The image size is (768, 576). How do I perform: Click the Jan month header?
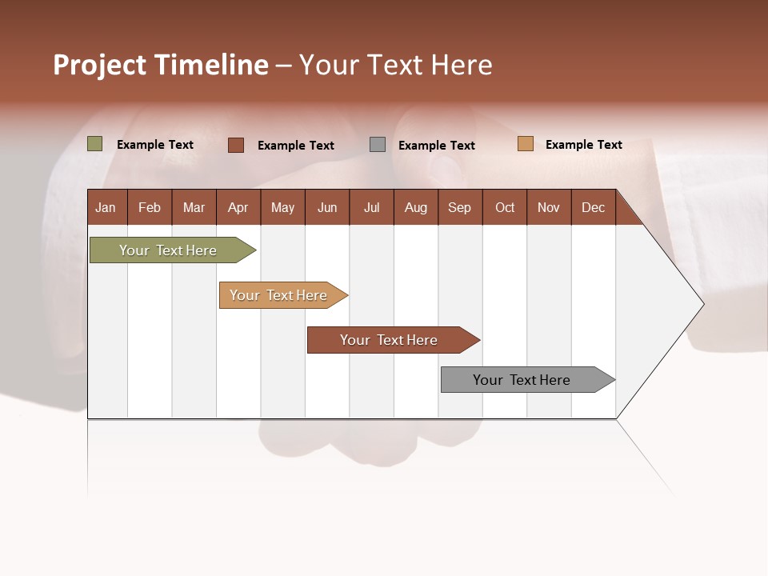(106, 207)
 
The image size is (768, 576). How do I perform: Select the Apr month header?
(238, 207)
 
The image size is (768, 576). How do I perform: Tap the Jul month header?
(371, 207)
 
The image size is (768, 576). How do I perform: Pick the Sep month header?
(459, 207)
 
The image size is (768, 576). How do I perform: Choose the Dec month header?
(593, 207)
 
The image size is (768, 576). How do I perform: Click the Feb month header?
(150, 207)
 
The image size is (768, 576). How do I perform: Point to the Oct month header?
(505, 207)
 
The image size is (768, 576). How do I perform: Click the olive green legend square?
(95, 144)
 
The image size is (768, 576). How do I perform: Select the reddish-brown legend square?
(236, 145)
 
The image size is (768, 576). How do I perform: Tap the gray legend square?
(378, 144)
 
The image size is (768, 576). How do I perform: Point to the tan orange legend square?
(525, 144)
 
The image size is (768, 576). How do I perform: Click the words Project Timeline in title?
(160, 65)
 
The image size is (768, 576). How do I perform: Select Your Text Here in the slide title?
(396, 65)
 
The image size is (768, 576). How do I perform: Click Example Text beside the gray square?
(436, 145)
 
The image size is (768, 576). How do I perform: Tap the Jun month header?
(327, 207)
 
